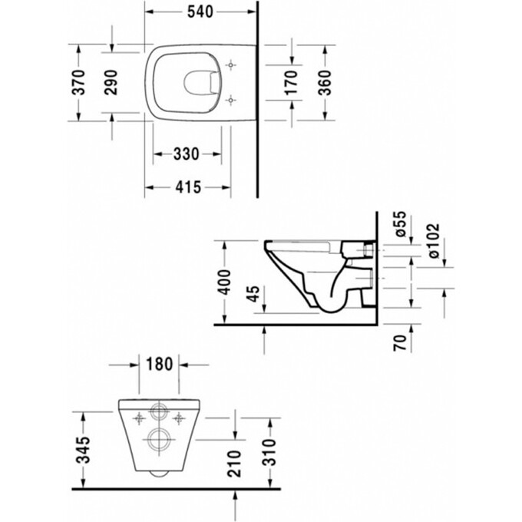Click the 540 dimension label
[x=201, y=12]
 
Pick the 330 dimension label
[x=185, y=154]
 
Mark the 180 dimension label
[x=159, y=363]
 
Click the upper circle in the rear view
[x=160, y=411]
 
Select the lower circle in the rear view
[x=160, y=439]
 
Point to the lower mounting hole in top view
[x=232, y=98]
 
